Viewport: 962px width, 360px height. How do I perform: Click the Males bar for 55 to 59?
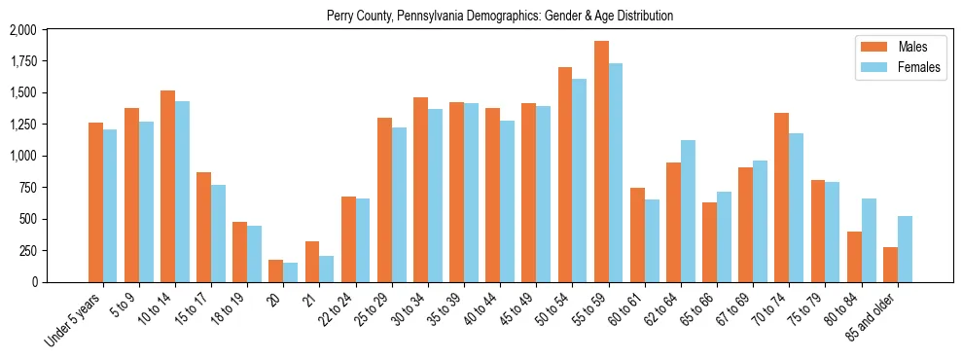[601, 162]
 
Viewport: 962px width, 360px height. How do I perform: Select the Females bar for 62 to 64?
[688, 211]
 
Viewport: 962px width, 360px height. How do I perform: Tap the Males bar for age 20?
[276, 270]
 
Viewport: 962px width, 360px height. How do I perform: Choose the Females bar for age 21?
[327, 269]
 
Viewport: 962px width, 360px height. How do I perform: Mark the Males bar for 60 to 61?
[637, 234]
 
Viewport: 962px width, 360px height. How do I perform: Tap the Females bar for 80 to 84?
[869, 240]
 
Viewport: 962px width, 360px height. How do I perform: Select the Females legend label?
[919, 67]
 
